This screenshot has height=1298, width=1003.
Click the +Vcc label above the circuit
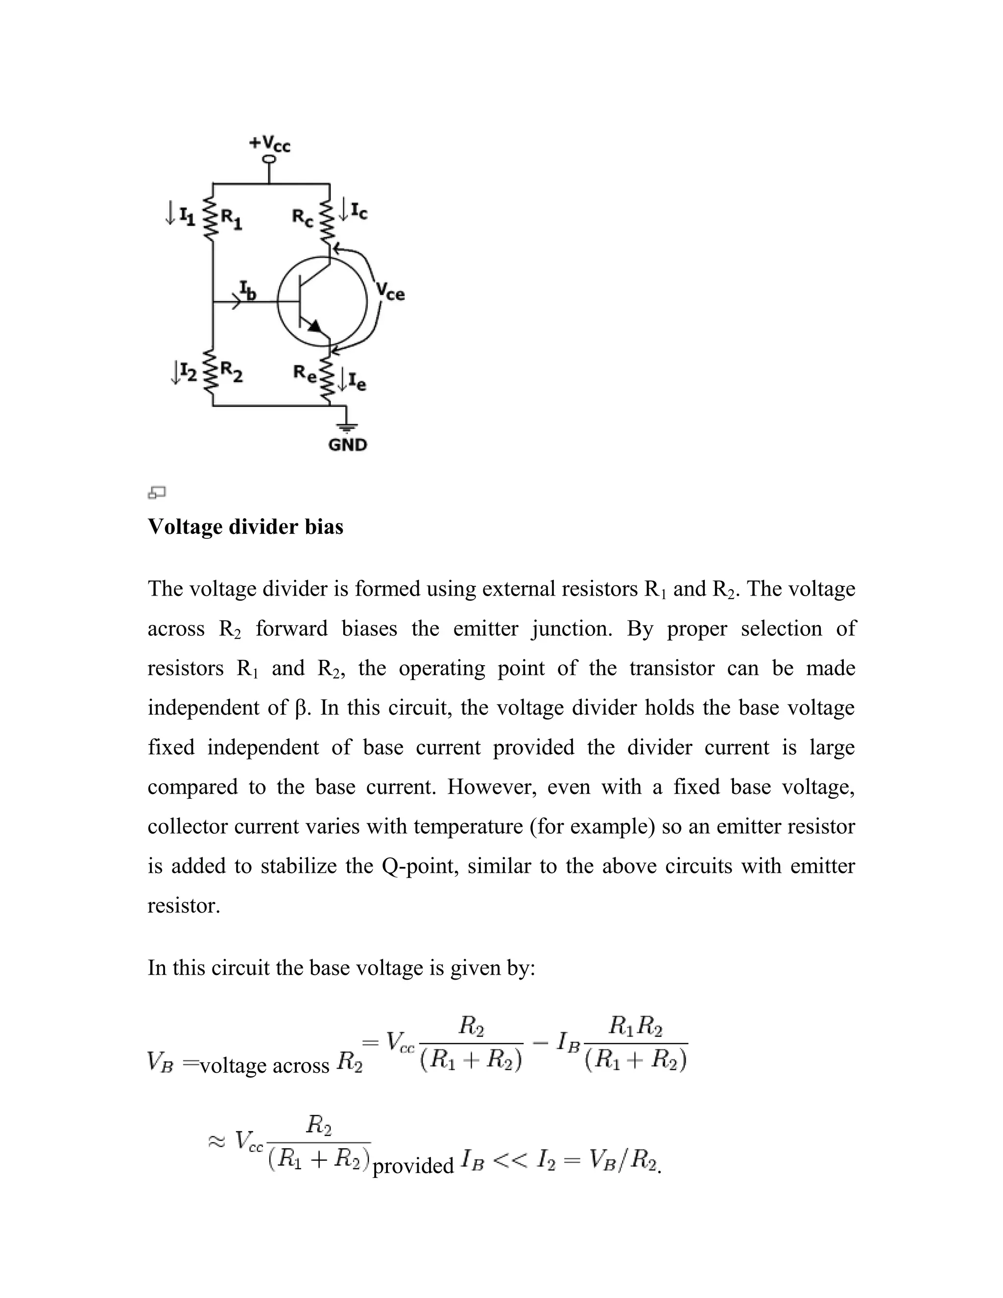[270, 143]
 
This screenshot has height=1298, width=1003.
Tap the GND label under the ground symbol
[348, 445]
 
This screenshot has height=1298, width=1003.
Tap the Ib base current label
[247, 290]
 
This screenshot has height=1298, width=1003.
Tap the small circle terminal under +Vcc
[269, 159]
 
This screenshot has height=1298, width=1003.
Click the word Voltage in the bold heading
[184, 527]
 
